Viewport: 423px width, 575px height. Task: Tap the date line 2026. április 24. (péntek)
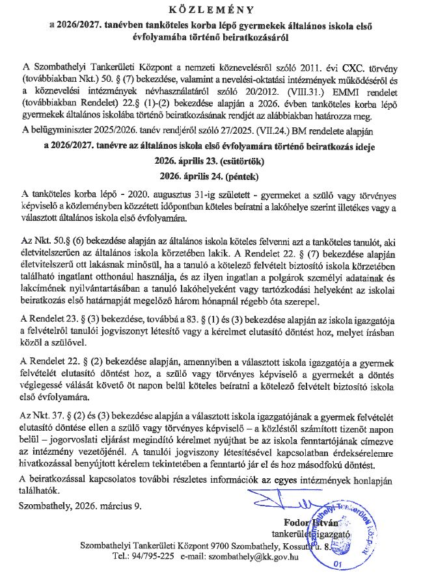[x=211, y=176]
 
